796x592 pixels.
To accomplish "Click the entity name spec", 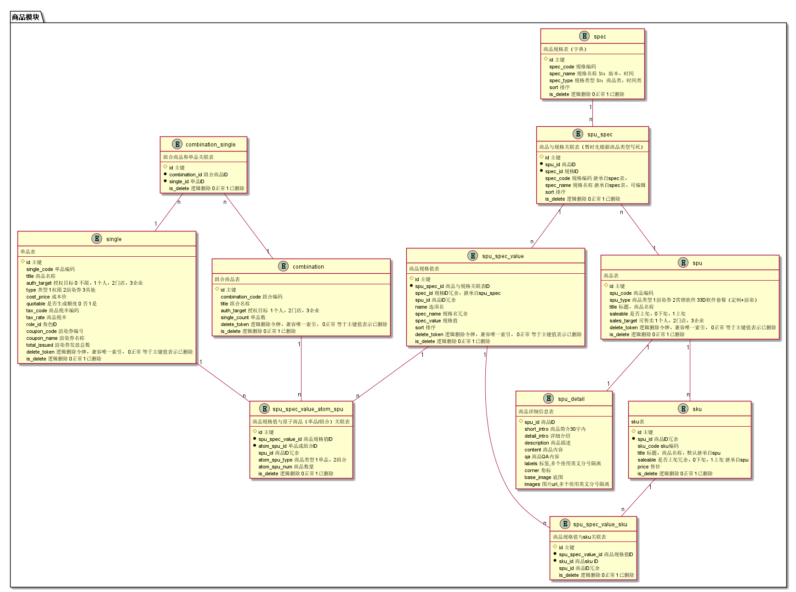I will coord(599,37).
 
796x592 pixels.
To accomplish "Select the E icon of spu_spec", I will coord(578,134).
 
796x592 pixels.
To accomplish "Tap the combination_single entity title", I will coord(210,145).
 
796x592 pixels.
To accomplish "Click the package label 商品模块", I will coord(26,17).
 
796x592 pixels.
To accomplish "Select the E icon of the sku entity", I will coord(683,409).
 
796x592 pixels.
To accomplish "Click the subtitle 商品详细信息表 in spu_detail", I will coord(536,412).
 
